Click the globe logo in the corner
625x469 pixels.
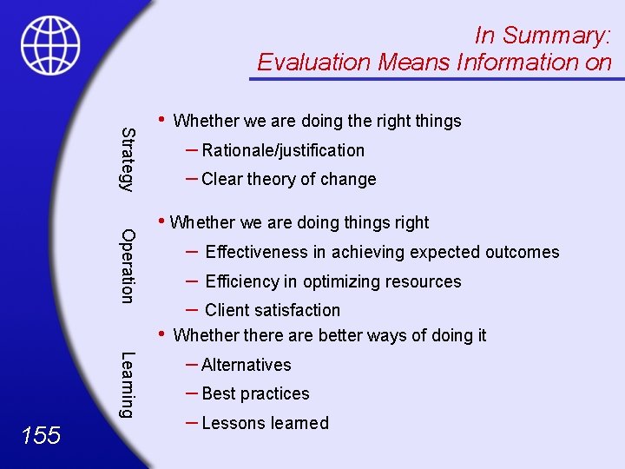(x=50, y=45)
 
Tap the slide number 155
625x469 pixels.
(x=42, y=434)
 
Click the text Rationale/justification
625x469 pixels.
(x=283, y=150)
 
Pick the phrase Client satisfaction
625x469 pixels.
(x=273, y=310)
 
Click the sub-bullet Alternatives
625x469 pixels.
(x=247, y=365)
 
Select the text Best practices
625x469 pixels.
(x=255, y=393)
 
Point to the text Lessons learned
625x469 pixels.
(x=265, y=423)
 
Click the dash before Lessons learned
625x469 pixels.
(x=192, y=422)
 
